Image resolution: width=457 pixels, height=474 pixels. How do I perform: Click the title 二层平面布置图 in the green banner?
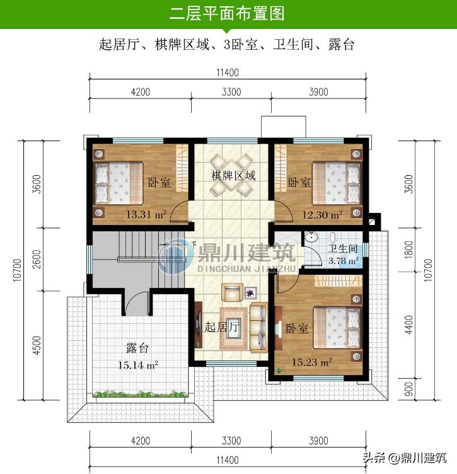click(228, 13)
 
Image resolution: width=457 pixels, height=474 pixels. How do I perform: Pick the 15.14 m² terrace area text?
click(138, 364)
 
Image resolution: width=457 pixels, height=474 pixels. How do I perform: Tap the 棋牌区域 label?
click(233, 175)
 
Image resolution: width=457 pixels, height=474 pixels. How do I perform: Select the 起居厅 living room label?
click(222, 328)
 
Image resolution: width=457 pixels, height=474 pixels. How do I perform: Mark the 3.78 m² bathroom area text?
click(343, 260)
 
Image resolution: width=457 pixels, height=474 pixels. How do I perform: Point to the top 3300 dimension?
click(231, 91)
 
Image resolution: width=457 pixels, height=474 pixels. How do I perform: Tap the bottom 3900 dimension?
click(318, 440)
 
